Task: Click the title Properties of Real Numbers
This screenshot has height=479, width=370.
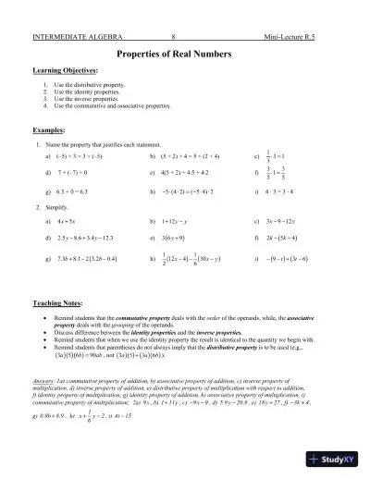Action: pos(184,55)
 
